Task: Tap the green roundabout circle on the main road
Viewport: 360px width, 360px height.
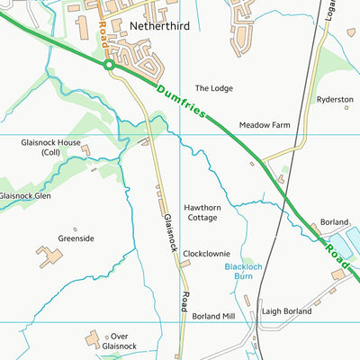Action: coord(108,65)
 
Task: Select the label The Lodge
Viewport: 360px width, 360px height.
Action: coord(214,88)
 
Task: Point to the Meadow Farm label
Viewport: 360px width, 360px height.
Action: coord(261,125)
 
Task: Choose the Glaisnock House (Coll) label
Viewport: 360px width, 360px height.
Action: coord(50,148)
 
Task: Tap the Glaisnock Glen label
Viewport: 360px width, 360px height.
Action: coord(24,195)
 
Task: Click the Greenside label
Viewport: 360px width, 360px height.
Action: coord(76,238)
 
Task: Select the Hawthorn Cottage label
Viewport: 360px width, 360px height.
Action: coord(202,212)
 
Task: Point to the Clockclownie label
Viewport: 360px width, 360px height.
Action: coord(206,254)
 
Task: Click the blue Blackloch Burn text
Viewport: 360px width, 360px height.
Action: coord(242,273)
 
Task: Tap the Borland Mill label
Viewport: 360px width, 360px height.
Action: coord(212,316)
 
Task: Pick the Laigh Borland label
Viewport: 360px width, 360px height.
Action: coord(285,312)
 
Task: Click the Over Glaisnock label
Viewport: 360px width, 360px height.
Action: coord(119,340)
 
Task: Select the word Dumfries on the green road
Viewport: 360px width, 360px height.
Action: coord(181,101)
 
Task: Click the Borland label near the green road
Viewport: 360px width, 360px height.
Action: coord(334,221)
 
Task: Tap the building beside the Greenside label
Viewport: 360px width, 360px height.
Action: coord(50,256)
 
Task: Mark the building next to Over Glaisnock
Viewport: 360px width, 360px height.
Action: coord(93,339)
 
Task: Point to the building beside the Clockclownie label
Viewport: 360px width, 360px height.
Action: coord(186,264)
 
